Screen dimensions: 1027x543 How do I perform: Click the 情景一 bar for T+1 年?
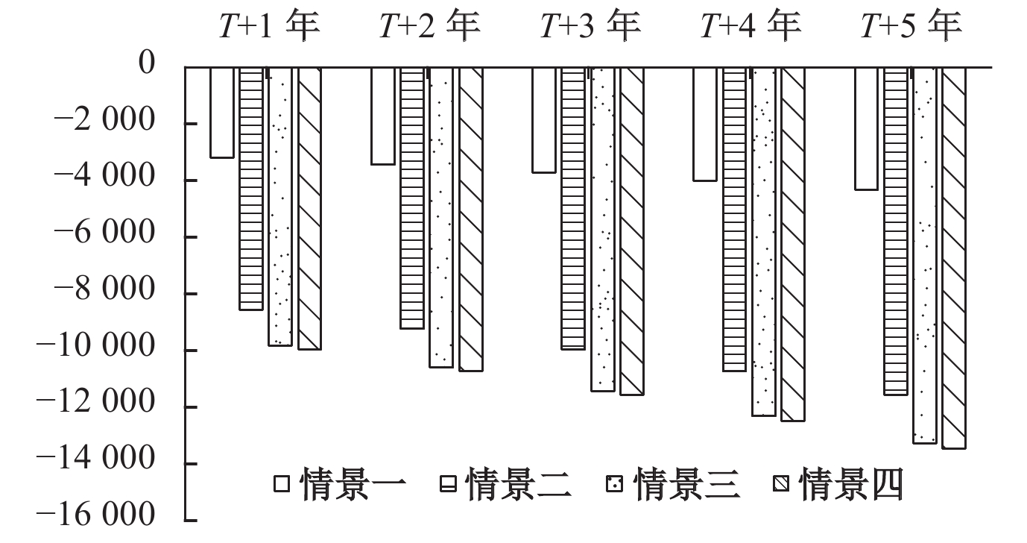click(x=222, y=112)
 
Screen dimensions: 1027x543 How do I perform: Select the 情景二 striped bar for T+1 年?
click(x=251, y=188)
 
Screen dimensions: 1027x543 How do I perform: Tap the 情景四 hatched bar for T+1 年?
click(x=309, y=208)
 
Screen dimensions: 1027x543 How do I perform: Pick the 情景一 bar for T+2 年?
click(x=383, y=116)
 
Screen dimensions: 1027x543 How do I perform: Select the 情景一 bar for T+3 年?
click(x=544, y=119)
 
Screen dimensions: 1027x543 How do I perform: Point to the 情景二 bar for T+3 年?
click(x=573, y=208)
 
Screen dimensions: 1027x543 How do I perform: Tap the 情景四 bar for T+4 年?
click(x=792, y=244)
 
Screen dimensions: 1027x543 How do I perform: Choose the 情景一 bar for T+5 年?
click(x=866, y=128)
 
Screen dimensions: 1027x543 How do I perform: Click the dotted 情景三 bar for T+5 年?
click(x=925, y=255)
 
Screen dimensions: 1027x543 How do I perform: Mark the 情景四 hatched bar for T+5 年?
click(x=954, y=257)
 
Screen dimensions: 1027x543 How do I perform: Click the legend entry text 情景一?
click(x=354, y=484)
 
